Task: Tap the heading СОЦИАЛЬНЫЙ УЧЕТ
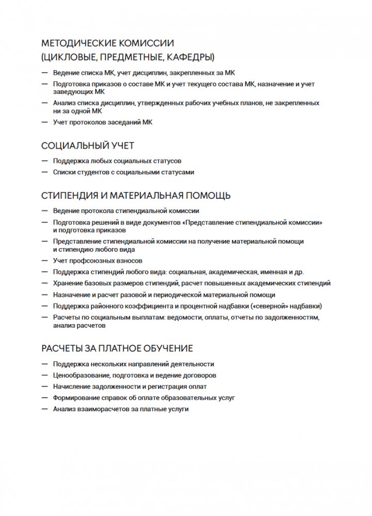pos(87,146)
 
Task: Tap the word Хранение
pos(68,283)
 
